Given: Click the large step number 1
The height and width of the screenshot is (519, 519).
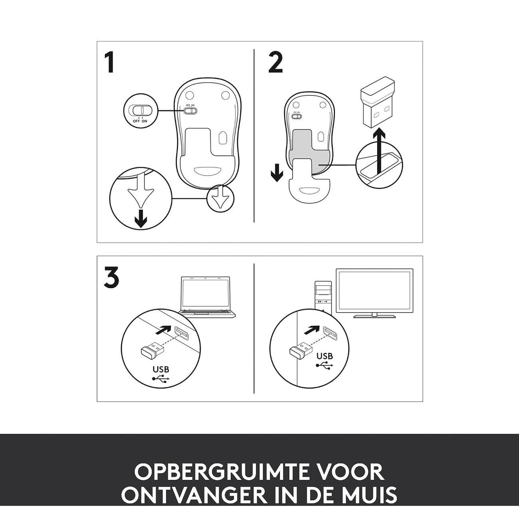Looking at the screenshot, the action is click(110, 63).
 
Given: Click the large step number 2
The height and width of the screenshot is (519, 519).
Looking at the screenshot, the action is click(275, 63).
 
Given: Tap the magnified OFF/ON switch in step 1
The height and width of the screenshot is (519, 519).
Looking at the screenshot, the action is click(141, 110).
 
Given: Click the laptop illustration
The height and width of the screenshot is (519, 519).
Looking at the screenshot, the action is click(207, 297).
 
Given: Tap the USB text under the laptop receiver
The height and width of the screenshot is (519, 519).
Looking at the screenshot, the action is click(161, 369).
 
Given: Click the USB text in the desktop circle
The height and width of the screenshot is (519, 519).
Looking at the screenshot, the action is click(325, 356).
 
